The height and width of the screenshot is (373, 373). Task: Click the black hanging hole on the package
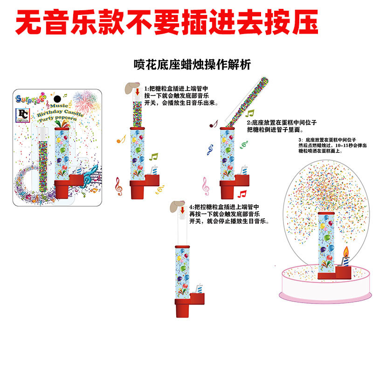(x=57, y=99)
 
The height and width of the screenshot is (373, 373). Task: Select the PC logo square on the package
(x=23, y=115)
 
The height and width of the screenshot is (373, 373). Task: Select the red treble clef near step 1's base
(x=118, y=187)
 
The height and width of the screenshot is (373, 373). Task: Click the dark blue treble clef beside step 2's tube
(x=210, y=150)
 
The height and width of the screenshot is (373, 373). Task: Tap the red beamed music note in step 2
(x=242, y=193)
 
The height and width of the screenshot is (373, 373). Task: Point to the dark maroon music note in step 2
(x=214, y=124)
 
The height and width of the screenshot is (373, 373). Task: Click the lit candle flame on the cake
(x=345, y=253)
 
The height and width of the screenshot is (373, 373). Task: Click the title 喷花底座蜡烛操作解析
(x=192, y=65)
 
